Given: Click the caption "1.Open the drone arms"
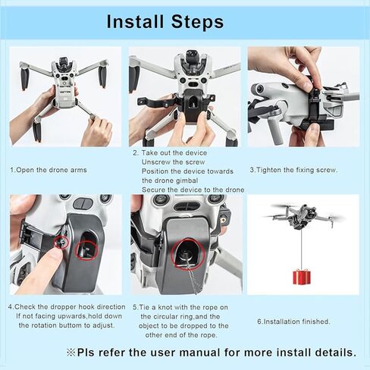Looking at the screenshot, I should click(x=44, y=169).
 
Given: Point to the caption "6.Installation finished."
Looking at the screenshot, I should click(x=293, y=321).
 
